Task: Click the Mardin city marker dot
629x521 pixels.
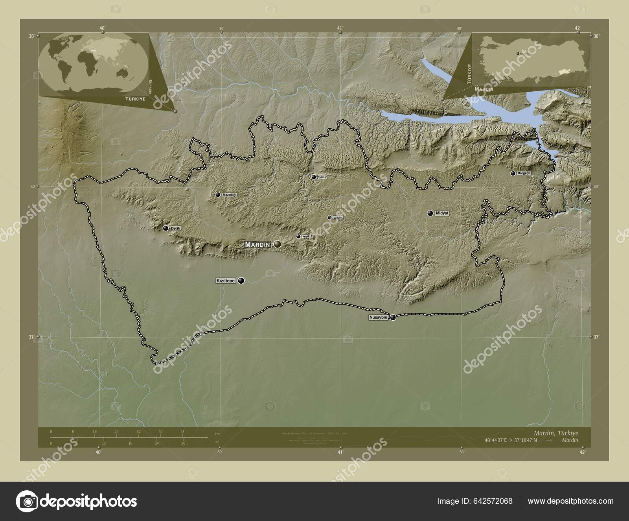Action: pos(278,244)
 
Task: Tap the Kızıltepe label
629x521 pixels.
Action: pos(225,281)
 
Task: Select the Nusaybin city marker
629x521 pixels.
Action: pos(393,318)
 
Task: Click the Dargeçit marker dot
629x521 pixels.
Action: pos(513,173)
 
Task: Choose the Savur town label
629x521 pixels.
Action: pos(322,177)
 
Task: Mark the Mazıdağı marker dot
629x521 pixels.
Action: pos(218,194)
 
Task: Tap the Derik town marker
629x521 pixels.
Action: pos(166,228)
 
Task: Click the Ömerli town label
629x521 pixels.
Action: pos(338,218)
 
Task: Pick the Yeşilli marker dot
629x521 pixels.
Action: pos(298,236)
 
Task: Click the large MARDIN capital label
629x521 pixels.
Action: pos(257,244)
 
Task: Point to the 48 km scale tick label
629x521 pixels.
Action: pos(182,432)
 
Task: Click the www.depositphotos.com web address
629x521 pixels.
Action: pos(570,501)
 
